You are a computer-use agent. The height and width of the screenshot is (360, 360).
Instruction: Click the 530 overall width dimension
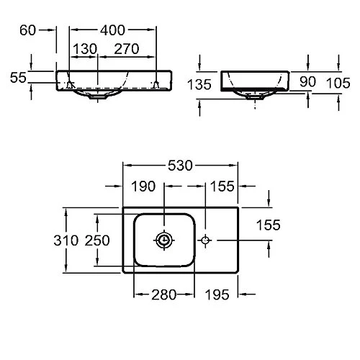tap(180, 166)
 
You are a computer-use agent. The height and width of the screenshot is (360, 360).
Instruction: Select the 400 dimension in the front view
tap(112, 30)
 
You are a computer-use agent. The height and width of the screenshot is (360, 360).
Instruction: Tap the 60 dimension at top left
tap(27, 30)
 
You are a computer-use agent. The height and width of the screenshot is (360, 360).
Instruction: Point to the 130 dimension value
tap(85, 49)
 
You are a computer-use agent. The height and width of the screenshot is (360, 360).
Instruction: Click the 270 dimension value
tap(127, 49)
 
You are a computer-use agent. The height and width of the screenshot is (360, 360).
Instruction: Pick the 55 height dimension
tap(18, 78)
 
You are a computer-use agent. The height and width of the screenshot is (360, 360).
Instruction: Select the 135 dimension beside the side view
tap(199, 84)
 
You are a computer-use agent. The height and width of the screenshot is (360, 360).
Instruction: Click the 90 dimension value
tap(307, 81)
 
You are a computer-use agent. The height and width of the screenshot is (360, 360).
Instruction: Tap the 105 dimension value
tap(338, 83)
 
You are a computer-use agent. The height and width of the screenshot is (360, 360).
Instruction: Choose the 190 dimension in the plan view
tap(143, 186)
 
